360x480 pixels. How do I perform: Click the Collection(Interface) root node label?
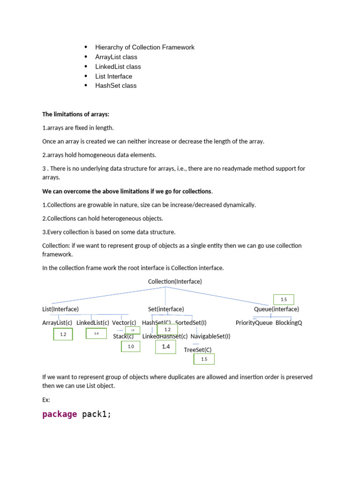(x=175, y=281)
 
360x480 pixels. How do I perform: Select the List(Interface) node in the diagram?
(x=60, y=309)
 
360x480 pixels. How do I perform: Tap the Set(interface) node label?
(x=166, y=309)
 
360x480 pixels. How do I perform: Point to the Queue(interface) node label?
(x=277, y=309)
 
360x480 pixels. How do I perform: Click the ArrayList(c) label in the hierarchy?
(x=57, y=322)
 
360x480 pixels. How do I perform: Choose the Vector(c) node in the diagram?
(x=124, y=322)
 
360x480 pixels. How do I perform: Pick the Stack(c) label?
(x=123, y=336)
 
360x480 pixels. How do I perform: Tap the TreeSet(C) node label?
(x=198, y=350)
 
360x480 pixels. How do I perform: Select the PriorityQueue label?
(x=254, y=322)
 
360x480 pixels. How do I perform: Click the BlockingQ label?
(x=289, y=322)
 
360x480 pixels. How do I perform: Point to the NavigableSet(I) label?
(x=210, y=336)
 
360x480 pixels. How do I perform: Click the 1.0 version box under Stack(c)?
(x=130, y=346)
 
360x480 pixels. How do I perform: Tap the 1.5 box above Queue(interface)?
(x=284, y=300)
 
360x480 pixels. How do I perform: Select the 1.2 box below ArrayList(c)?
(x=63, y=334)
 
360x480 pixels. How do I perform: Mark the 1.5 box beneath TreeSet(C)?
(x=204, y=359)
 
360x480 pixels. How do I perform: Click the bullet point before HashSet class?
(x=86, y=85)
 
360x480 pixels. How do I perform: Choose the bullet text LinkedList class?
(x=118, y=67)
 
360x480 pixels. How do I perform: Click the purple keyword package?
(x=60, y=414)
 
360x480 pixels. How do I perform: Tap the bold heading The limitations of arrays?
(x=76, y=114)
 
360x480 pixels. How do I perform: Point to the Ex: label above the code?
(x=46, y=400)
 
